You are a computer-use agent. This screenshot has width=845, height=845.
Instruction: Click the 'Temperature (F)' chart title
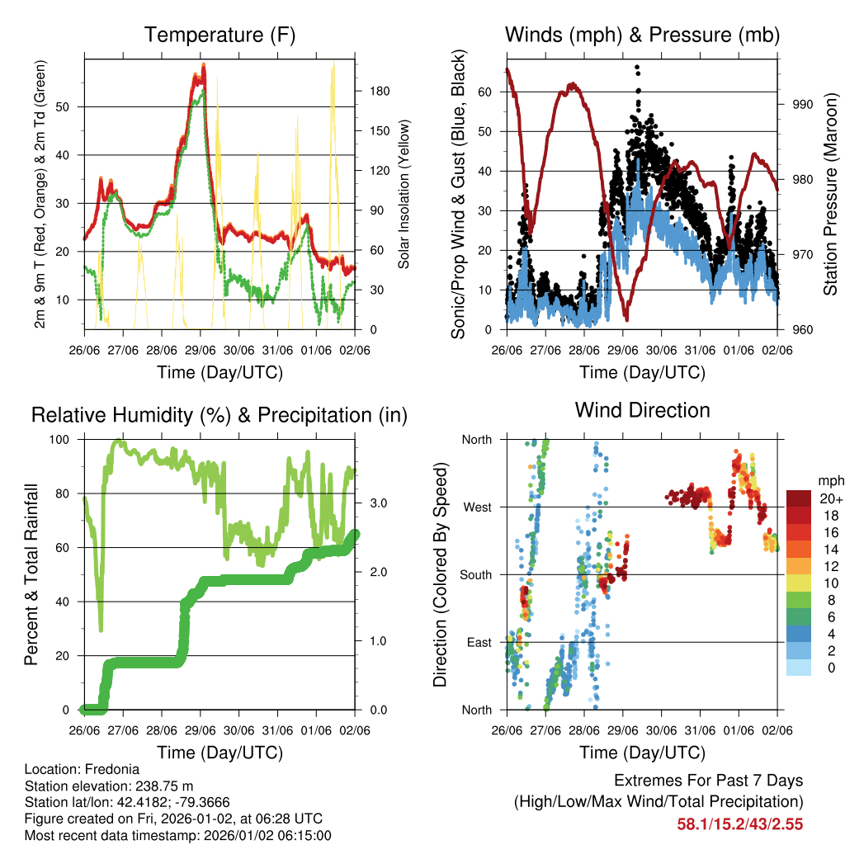220,35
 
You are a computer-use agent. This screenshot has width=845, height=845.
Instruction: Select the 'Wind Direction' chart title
642,410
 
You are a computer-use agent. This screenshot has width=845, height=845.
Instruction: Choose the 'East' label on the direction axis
477,642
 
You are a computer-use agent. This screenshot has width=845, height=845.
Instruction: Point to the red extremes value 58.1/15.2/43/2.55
739,824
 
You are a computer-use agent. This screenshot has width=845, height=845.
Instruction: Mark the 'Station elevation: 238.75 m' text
109,785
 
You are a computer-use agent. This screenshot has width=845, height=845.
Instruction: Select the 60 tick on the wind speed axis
486,92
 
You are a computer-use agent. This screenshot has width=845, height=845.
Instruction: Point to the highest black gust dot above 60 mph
637,68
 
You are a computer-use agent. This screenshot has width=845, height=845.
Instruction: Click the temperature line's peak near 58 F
203,65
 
